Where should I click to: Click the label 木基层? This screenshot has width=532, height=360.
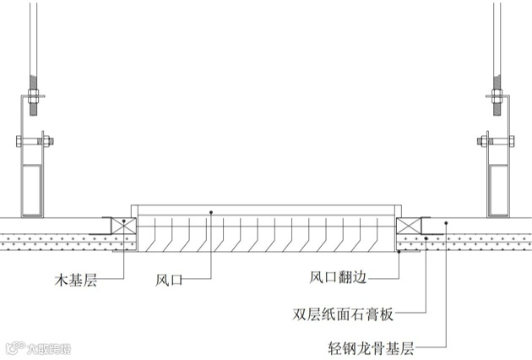pos(76,279)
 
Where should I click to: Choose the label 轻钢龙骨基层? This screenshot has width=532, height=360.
pos(372,346)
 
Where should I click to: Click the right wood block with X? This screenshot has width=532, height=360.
pos(408,226)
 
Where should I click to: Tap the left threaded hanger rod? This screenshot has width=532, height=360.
pos(33,42)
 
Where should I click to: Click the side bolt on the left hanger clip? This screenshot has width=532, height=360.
pos(47,140)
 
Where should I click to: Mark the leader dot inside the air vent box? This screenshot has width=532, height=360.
pos(211,211)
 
